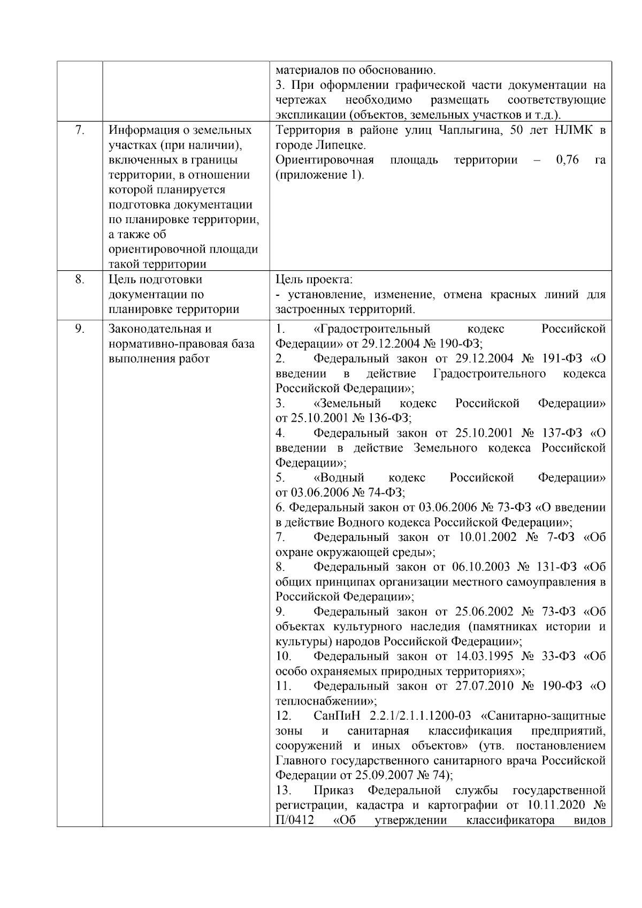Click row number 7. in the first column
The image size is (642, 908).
tap(79, 130)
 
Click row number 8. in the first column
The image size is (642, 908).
tap(79, 279)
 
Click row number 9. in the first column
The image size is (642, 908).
tap(79, 329)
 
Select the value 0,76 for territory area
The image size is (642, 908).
tap(568, 160)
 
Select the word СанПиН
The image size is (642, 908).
tap(333, 716)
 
